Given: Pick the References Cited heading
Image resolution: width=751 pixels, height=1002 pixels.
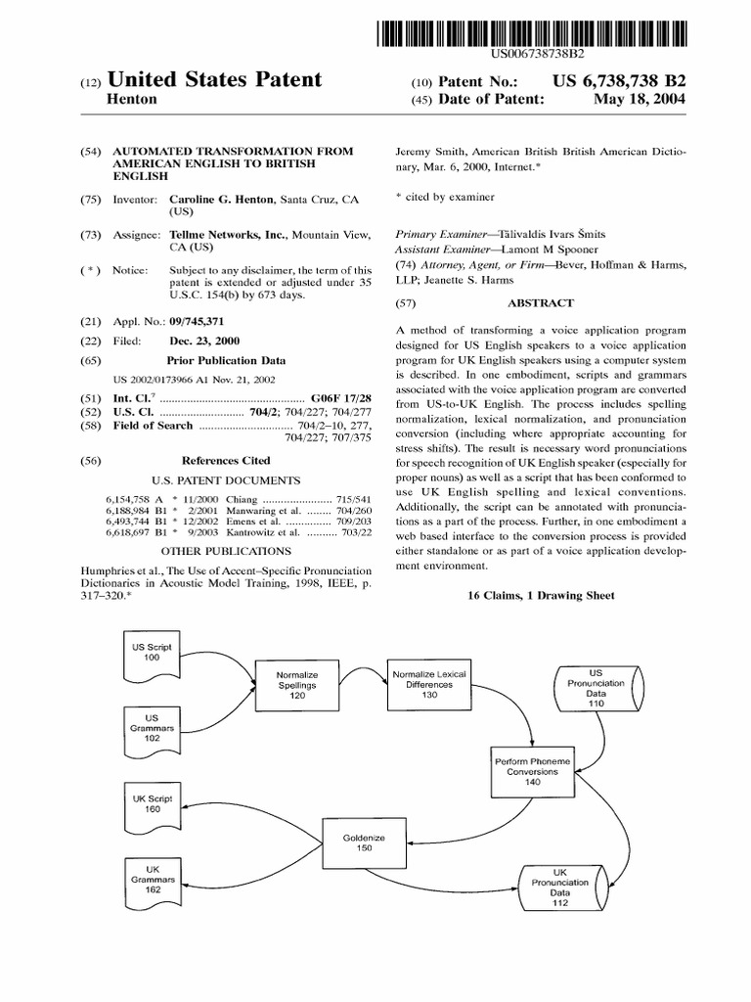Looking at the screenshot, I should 226,460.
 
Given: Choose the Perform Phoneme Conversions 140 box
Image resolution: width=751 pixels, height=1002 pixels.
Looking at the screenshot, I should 532,771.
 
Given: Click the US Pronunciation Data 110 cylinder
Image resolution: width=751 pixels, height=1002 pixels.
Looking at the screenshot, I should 596,689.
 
